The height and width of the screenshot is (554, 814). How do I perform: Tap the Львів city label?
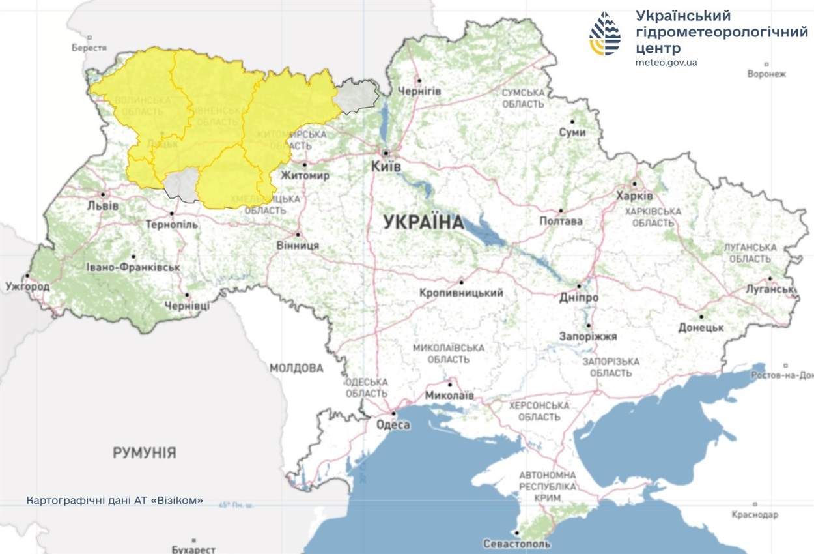[103, 206]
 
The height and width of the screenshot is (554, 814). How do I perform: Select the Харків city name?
[634, 196]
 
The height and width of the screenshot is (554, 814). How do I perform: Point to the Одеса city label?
[393, 425]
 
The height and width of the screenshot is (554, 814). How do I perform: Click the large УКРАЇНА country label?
[424, 223]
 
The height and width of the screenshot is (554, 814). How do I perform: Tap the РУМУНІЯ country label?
[145, 452]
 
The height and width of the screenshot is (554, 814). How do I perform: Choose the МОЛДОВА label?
[296, 368]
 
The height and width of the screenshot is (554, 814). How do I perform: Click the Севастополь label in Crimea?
[517, 544]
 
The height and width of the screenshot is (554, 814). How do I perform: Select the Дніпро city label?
[579, 297]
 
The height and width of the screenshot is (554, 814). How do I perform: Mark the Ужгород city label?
[27, 286]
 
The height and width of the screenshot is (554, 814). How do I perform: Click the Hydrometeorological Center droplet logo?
[605, 34]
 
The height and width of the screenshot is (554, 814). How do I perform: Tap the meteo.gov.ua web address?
[666, 63]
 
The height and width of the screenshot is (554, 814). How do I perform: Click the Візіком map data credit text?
[115, 501]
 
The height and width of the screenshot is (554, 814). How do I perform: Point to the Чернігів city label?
[419, 91]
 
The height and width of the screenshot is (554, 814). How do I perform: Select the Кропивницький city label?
[462, 293]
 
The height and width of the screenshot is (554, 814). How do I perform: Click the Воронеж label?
[766, 74]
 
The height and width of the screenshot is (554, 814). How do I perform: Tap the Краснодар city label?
[755, 514]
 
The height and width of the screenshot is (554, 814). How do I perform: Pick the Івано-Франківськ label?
[133, 268]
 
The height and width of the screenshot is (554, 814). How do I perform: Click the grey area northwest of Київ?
[358, 95]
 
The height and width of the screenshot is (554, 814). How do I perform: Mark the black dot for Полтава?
[561, 211]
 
